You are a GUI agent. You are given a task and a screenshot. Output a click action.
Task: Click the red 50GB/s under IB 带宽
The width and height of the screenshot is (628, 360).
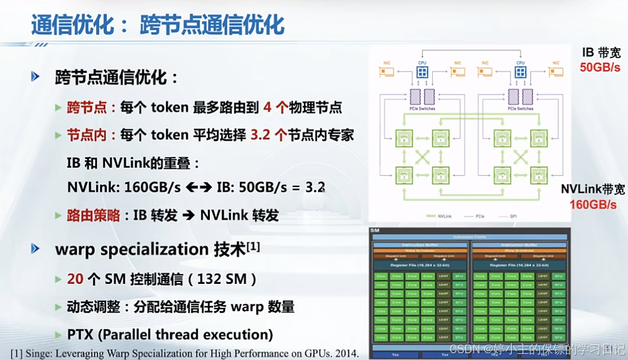click(x=599, y=67)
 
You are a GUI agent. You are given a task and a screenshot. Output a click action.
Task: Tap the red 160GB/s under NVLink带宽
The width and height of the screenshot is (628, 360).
click(x=593, y=204)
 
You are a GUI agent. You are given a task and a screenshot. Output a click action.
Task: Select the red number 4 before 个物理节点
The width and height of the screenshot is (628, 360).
click(x=268, y=107)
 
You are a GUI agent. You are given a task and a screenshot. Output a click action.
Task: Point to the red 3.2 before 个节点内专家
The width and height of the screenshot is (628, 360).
click(x=261, y=134)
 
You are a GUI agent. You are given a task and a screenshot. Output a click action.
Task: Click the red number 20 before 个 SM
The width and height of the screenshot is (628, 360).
click(x=75, y=279)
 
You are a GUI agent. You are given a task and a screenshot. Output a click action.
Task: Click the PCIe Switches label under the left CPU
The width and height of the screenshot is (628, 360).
click(x=422, y=108)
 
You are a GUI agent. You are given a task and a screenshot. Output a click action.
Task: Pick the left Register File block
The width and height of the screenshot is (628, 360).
click(x=419, y=265)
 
